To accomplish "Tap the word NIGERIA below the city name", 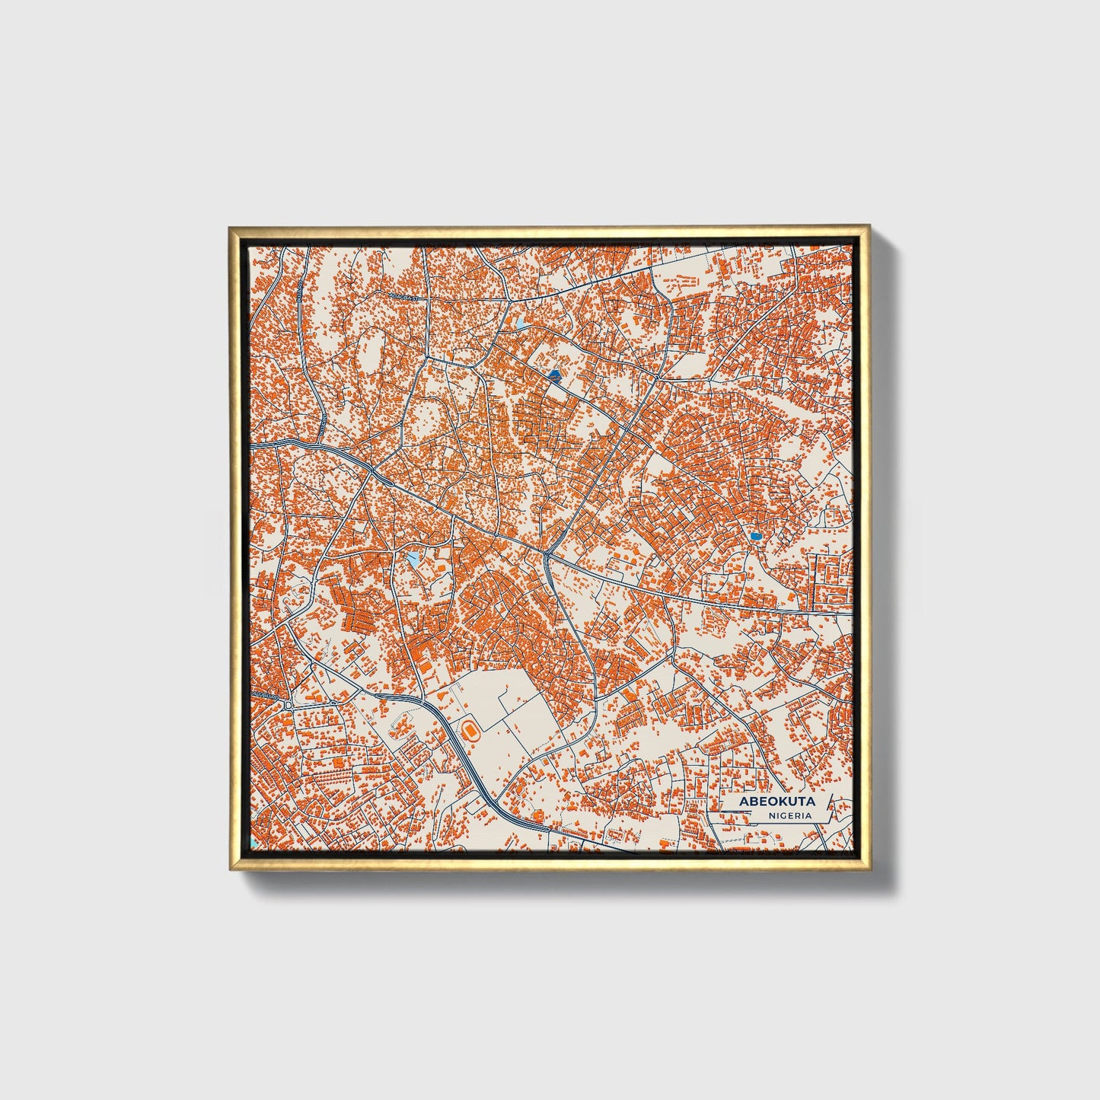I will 789,815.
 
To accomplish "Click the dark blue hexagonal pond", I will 553,375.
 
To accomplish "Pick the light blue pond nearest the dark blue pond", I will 520,325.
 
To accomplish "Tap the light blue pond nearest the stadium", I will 412,560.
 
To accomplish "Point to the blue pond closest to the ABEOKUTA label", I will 755,537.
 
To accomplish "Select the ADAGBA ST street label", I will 399,296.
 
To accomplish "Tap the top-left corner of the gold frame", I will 230,227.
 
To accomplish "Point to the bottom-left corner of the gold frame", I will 231,869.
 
